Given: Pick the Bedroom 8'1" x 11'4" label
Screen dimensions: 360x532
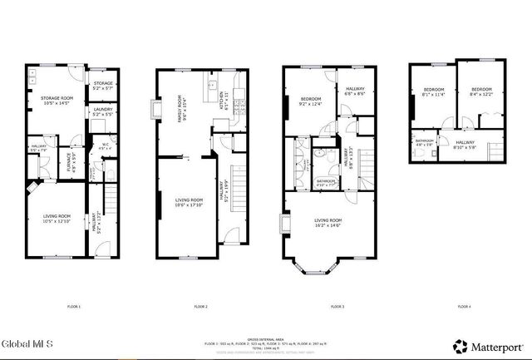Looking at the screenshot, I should [x=435, y=92].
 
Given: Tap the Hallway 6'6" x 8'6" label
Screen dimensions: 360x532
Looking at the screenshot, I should [x=351, y=93].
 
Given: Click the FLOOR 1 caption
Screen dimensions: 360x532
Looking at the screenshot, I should [x=74, y=308].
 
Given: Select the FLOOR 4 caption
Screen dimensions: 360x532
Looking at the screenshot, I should [x=464, y=308].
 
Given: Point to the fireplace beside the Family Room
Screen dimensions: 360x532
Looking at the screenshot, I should [x=156, y=111].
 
